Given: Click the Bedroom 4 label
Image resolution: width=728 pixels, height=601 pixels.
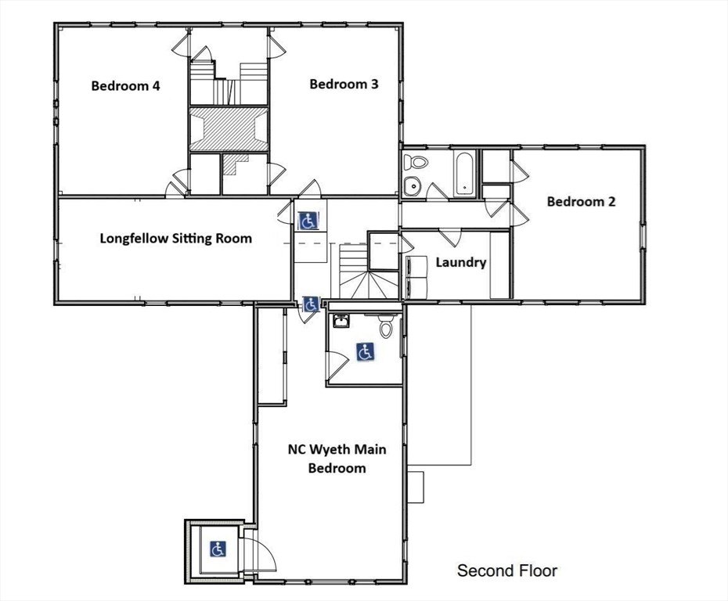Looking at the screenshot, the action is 125,86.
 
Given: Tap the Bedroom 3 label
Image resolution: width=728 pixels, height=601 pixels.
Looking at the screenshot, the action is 344,84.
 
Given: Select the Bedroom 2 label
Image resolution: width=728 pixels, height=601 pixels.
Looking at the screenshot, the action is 581,201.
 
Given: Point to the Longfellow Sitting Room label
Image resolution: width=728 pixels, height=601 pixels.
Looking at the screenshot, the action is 176,239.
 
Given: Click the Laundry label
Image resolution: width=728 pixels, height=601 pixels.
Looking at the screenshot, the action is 460,263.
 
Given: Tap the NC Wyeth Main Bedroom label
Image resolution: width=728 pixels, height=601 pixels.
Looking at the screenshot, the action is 337,459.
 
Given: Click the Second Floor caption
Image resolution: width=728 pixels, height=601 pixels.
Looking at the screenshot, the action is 507,570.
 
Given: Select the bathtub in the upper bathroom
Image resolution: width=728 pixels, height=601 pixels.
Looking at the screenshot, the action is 464,173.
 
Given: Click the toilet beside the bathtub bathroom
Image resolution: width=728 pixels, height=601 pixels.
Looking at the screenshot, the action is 415,162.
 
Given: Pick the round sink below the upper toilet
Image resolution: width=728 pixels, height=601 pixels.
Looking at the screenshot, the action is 412,185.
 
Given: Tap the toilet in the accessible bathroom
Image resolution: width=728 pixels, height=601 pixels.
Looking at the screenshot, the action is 385,326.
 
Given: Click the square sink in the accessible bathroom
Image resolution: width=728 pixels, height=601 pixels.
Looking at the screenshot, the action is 341,321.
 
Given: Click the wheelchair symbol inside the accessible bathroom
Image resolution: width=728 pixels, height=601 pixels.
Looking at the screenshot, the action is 366,352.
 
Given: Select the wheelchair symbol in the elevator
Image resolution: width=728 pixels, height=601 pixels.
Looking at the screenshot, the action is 218,549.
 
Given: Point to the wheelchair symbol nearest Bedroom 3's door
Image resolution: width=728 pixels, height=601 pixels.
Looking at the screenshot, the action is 308,221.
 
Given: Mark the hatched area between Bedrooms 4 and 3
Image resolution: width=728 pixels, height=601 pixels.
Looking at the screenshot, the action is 229,129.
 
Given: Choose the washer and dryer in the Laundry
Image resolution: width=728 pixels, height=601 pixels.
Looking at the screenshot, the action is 416,277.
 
